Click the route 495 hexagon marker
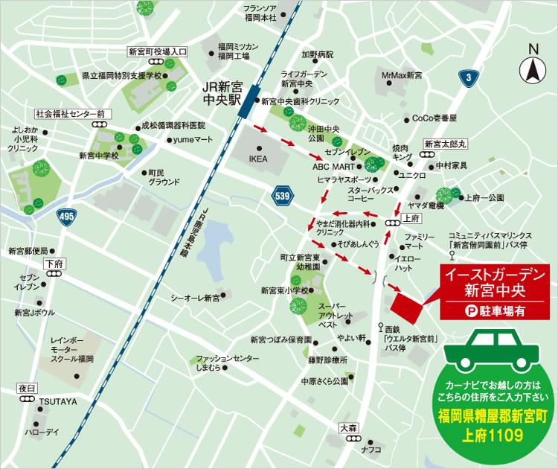[65, 215]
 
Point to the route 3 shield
[466, 77]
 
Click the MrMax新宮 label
[401, 75]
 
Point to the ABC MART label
[333, 167]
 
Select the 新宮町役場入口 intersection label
[158, 51]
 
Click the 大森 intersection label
[348, 428]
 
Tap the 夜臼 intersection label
[28, 388]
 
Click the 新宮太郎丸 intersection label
[444, 144]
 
